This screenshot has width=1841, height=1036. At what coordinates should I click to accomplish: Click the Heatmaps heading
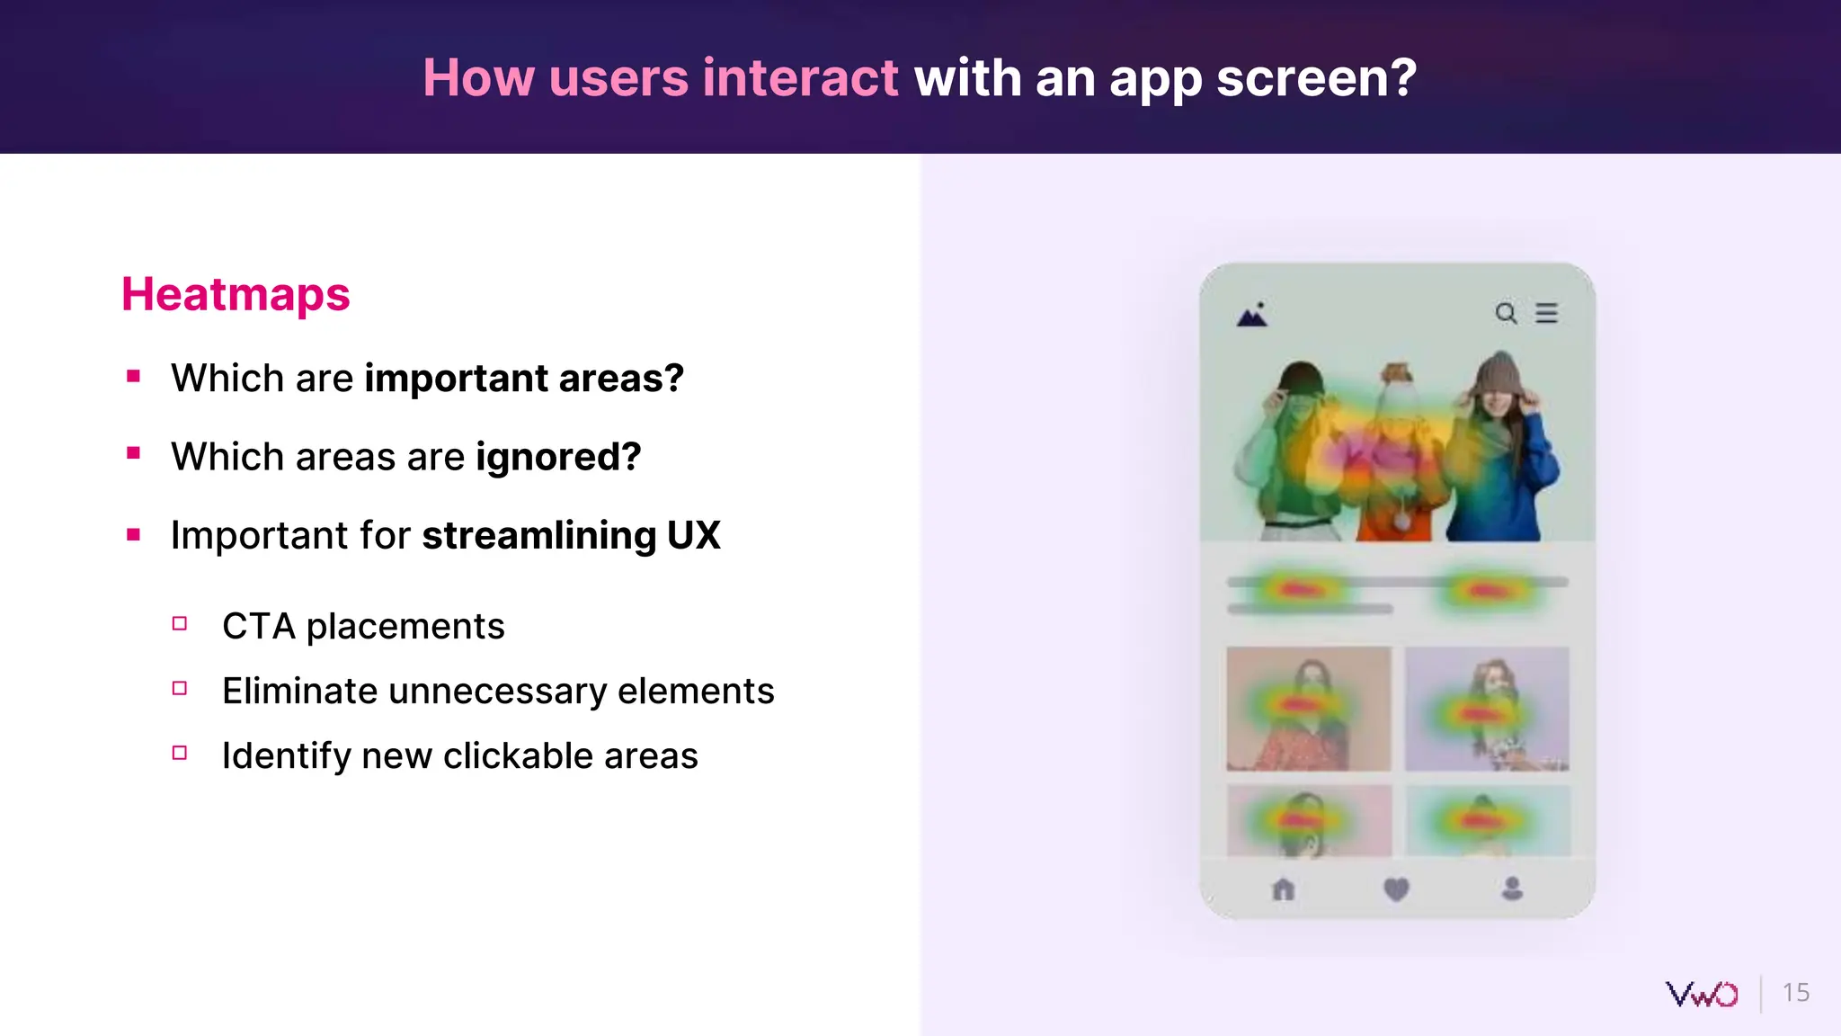point(236,295)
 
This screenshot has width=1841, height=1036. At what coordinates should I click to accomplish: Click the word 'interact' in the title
point(800,77)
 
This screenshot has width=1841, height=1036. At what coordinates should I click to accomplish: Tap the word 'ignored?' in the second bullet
point(558,457)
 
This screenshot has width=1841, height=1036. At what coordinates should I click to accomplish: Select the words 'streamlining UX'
point(571,535)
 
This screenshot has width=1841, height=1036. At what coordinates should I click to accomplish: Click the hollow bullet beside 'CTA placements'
point(180,623)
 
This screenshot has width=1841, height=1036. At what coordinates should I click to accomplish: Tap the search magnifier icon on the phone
point(1506,313)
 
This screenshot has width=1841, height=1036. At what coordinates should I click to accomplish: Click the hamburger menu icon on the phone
point(1546,313)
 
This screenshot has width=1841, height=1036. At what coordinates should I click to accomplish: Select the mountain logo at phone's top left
point(1252,315)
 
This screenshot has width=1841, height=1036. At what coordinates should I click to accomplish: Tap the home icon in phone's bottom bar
point(1284,889)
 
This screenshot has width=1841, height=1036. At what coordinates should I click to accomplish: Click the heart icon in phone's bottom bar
point(1396,889)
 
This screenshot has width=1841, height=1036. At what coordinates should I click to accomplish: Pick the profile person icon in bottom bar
point(1512,889)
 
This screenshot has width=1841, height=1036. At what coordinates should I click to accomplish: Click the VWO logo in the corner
point(1702,994)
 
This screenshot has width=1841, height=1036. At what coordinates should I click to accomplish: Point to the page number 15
point(1795,993)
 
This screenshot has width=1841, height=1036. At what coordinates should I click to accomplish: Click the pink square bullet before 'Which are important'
point(134,377)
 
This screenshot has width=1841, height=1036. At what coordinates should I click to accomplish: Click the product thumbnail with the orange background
point(1308,709)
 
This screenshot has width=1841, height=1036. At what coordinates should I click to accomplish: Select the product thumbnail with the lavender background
point(1487,709)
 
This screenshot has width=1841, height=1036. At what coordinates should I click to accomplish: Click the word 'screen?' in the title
point(1316,77)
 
